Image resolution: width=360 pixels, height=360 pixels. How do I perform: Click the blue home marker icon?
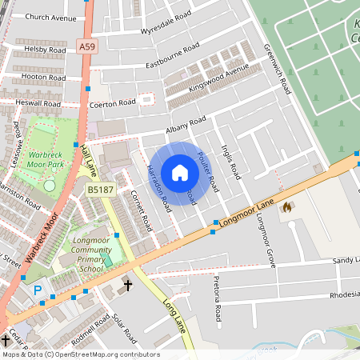[180, 173]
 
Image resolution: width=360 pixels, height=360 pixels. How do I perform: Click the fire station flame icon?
[286, 207]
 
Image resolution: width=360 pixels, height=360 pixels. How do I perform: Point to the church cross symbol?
[126, 285]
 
